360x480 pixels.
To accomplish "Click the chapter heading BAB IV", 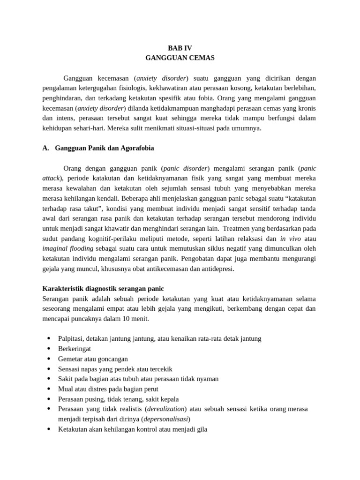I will click(180, 48).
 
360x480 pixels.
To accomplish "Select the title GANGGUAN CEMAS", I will click(180, 58).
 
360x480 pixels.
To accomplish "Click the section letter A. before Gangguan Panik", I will click(45, 148).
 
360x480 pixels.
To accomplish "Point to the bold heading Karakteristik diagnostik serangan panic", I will click(103, 288).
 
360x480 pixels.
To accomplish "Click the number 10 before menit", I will click(130, 319).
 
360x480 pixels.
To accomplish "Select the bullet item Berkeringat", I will click(75, 349).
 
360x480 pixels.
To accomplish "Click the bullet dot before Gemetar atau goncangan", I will click(49, 359).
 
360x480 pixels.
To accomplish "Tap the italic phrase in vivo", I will click(291, 239).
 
